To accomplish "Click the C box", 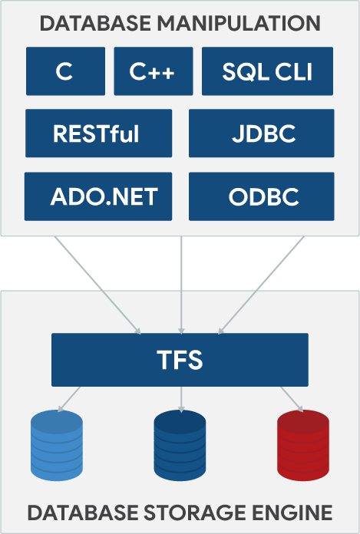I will pyautogui.click(x=64, y=71).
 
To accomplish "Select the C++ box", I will pyautogui.click(x=152, y=71).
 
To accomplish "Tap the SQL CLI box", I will pyautogui.click(x=267, y=71).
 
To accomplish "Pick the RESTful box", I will pyautogui.click(x=96, y=133).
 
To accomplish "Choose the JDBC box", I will pyautogui.click(x=261, y=133).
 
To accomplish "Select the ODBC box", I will pyautogui.click(x=261, y=196).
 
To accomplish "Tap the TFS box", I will pyautogui.click(x=180, y=359).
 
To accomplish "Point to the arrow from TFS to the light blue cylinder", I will pyautogui.click(x=71, y=398).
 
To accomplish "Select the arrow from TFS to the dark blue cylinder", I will pyautogui.click(x=180, y=398).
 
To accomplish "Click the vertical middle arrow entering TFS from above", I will pyautogui.click(x=180, y=284).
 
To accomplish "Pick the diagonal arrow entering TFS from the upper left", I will pyautogui.click(x=98, y=284).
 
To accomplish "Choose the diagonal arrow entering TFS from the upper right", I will pyautogui.click(x=261, y=284).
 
